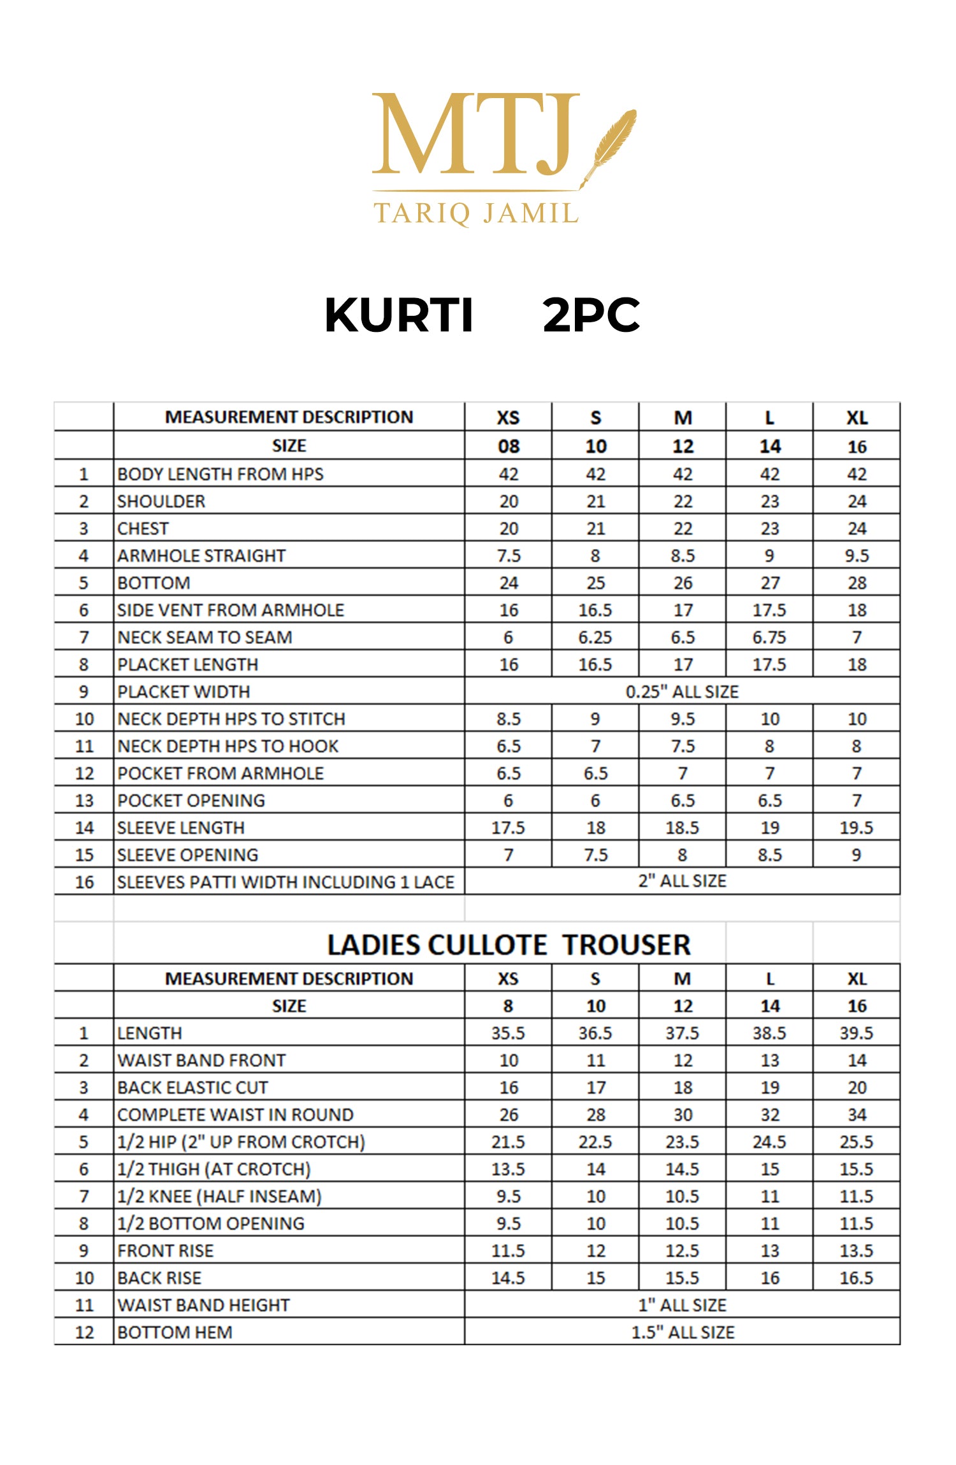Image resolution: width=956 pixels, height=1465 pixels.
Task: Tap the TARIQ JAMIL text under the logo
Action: pos(476,213)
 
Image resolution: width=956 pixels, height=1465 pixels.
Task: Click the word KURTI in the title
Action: pos(399,315)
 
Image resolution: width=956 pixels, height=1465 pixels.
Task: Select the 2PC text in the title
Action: pos(591,315)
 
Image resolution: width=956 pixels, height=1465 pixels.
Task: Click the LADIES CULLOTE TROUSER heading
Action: pos(509,945)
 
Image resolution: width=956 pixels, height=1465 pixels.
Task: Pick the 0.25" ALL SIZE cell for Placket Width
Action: pos(682,692)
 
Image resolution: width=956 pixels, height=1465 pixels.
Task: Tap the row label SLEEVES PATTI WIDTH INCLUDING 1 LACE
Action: pos(286,882)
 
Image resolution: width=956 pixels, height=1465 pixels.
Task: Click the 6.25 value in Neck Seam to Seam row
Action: pos(595,638)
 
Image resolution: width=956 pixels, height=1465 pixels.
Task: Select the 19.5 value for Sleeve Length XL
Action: pos(856,828)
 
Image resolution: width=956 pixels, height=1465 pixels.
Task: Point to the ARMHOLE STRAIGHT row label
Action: pos(201,556)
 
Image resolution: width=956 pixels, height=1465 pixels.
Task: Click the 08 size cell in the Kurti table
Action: pos(509,447)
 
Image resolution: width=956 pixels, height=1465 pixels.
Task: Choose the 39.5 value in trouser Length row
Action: pos(856,1033)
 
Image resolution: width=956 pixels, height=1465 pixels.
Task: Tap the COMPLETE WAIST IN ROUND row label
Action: pos(235,1115)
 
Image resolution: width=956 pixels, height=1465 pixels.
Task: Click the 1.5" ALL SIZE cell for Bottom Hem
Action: pos(682,1333)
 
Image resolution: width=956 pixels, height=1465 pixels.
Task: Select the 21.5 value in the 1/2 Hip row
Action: pos(508,1142)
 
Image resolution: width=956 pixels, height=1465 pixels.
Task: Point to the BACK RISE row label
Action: pos(159,1278)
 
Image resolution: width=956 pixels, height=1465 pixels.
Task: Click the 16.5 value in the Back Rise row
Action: pos(856,1278)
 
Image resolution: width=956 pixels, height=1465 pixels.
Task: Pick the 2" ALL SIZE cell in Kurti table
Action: pos(682,881)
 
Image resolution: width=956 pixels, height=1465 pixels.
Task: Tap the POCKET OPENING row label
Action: pos(191,801)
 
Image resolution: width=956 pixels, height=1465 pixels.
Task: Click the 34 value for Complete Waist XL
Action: pos(857,1115)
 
